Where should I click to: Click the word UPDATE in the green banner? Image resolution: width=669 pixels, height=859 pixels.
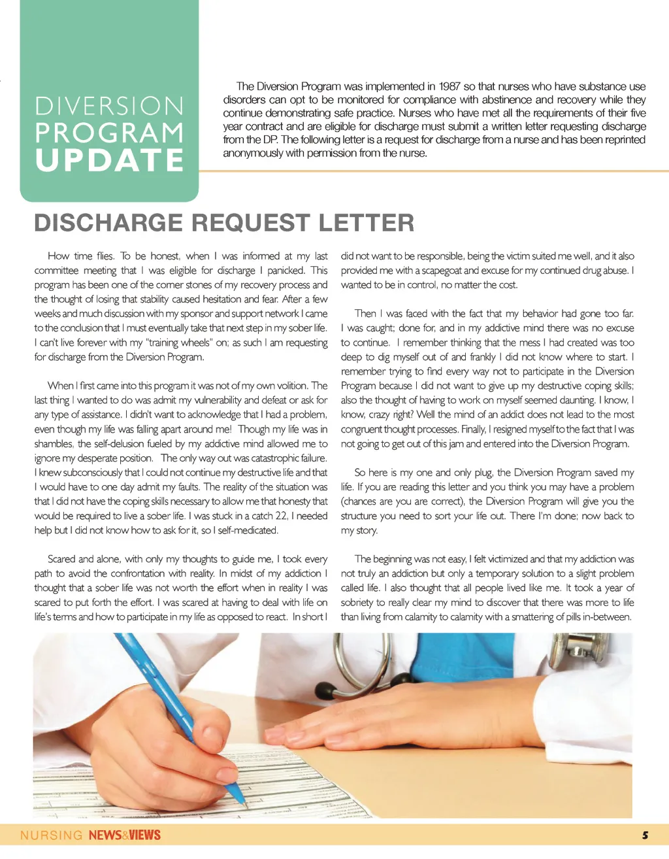[110, 161]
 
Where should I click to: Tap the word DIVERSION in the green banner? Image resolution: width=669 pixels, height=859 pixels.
[110, 107]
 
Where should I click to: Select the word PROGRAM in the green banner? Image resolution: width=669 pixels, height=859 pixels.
[110, 133]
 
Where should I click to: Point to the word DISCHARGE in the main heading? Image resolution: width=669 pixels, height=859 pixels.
[108, 223]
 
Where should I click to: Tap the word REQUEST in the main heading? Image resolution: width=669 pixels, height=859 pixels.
[251, 223]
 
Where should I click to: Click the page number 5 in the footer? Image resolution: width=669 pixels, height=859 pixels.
[645, 835]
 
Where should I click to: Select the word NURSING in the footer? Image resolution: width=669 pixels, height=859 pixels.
[52, 835]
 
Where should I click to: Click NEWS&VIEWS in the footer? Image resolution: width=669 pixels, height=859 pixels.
[125, 835]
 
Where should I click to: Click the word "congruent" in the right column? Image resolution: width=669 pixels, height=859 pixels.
[365, 430]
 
